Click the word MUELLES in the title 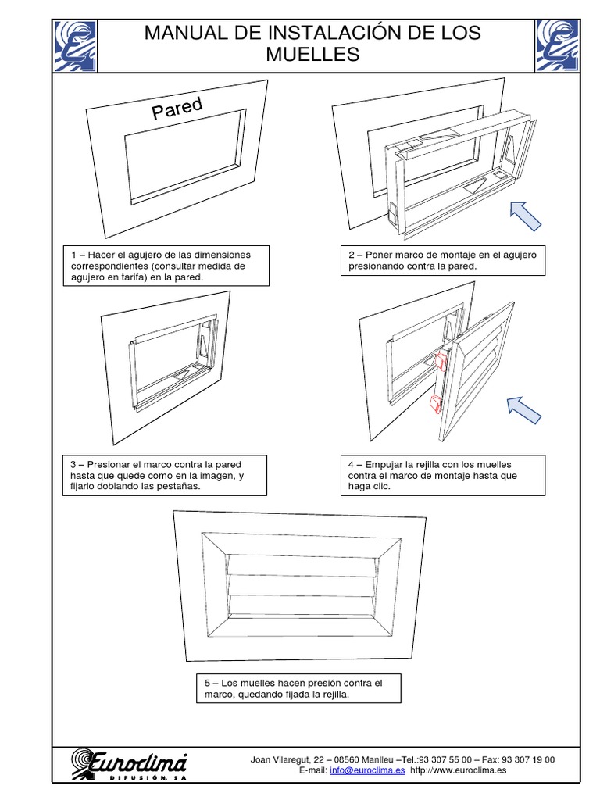tap(312, 54)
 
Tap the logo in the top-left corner tap(76, 45)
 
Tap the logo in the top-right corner tap(557, 45)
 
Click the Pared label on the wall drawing tap(177, 109)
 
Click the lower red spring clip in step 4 tap(434, 404)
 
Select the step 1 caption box tap(166, 266)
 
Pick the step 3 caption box tap(166, 475)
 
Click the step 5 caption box tap(299, 689)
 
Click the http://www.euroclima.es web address tap(459, 770)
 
